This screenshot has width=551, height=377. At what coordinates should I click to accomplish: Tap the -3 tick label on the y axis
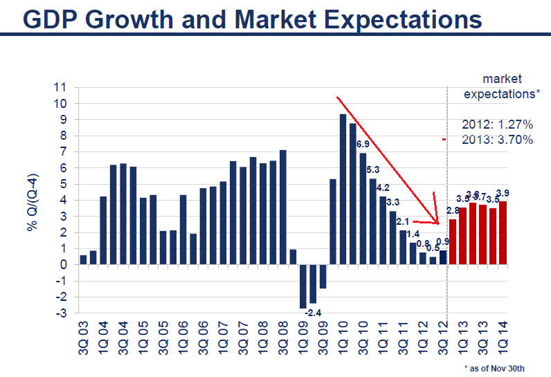click(x=60, y=313)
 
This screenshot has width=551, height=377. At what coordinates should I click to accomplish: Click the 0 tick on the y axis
click(x=63, y=264)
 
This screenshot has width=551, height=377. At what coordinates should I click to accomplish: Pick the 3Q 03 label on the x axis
click(x=84, y=340)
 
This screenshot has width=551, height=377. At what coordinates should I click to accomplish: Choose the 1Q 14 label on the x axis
click(x=503, y=340)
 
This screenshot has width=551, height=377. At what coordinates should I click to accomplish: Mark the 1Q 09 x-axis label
click(x=303, y=340)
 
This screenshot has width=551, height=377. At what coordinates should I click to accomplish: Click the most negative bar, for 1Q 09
click(x=302, y=286)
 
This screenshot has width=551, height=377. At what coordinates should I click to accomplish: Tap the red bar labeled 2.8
click(x=453, y=241)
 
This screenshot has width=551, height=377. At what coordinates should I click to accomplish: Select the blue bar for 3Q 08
click(x=282, y=207)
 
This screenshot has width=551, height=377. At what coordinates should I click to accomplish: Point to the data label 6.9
click(x=363, y=145)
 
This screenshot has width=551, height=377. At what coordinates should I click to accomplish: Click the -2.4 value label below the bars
click(x=313, y=313)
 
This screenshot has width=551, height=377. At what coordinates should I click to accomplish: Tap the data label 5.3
click(x=373, y=170)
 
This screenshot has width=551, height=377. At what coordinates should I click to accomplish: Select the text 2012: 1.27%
click(x=497, y=125)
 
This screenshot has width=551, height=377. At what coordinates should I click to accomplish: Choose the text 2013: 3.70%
click(x=497, y=140)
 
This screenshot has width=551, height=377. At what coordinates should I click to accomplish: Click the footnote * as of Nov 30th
click(x=494, y=367)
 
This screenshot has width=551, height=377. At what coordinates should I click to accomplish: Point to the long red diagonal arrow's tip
click(x=439, y=224)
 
